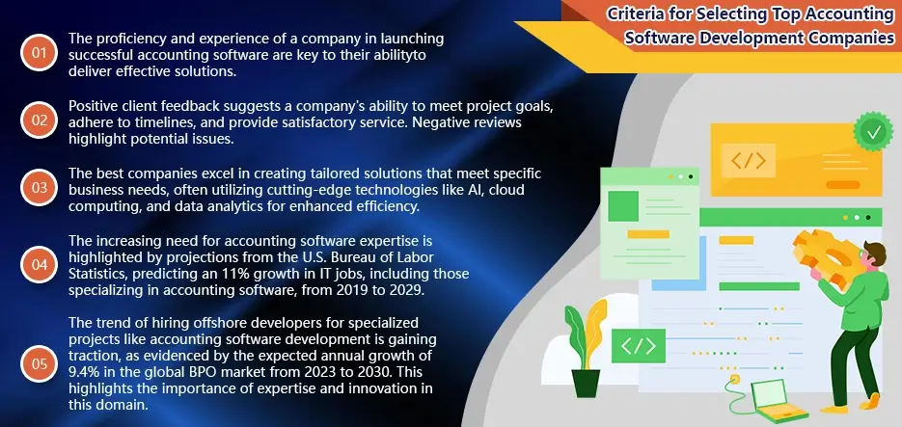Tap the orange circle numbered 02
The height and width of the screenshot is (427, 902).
click(39, 120)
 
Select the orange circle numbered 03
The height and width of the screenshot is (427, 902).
click(39, 188)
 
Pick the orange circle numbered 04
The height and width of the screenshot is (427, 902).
click(39, 263)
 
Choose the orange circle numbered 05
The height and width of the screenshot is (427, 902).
click(39, 363)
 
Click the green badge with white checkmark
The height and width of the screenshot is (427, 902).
click(874, 129)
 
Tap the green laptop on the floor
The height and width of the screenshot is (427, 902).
click(779, 395)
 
